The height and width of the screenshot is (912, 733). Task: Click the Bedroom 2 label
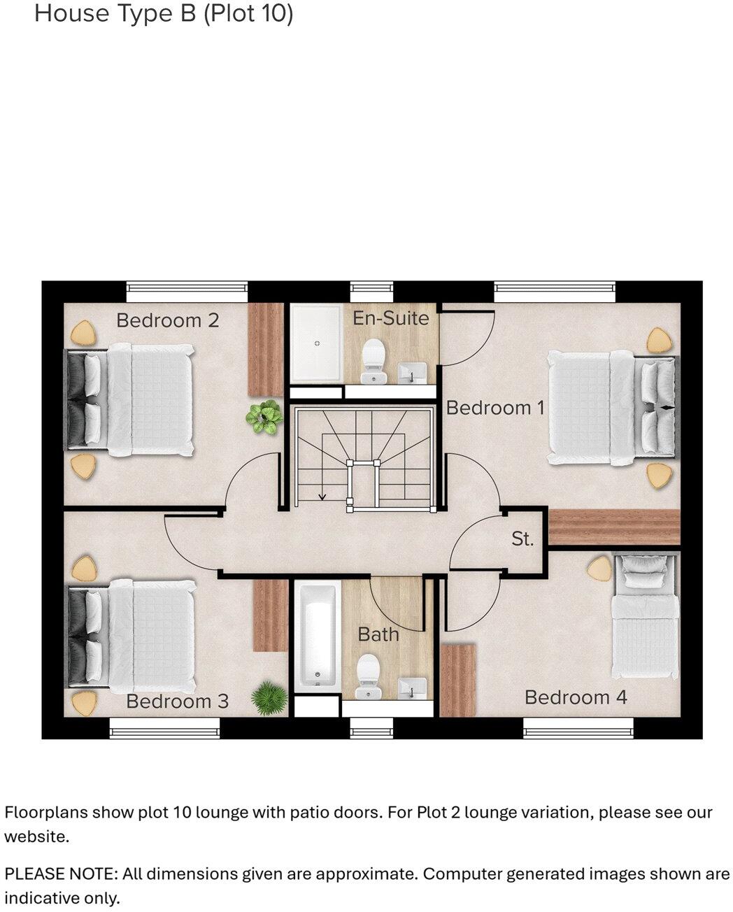(167, 320)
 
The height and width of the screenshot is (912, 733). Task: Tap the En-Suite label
(390, 318)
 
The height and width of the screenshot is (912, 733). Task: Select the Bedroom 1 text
(494, 408)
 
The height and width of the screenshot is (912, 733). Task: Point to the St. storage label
(522, 539)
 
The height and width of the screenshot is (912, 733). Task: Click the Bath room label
(378, 634)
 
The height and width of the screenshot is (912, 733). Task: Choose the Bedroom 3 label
(177, 701)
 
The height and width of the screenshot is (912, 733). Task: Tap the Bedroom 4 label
(576, 697)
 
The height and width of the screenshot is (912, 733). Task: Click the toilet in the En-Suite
(373, 361)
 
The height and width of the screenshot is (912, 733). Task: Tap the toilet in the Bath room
(367, 677)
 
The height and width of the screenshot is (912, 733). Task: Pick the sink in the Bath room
(412, 687)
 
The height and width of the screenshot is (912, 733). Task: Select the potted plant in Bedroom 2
(264, 417)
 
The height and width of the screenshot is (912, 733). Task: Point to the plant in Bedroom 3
(269, 698)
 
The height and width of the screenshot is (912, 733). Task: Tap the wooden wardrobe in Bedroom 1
(613, 527)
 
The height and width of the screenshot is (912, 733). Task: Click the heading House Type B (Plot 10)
(164, 13)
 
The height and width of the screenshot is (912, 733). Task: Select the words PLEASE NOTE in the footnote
(60, 874)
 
